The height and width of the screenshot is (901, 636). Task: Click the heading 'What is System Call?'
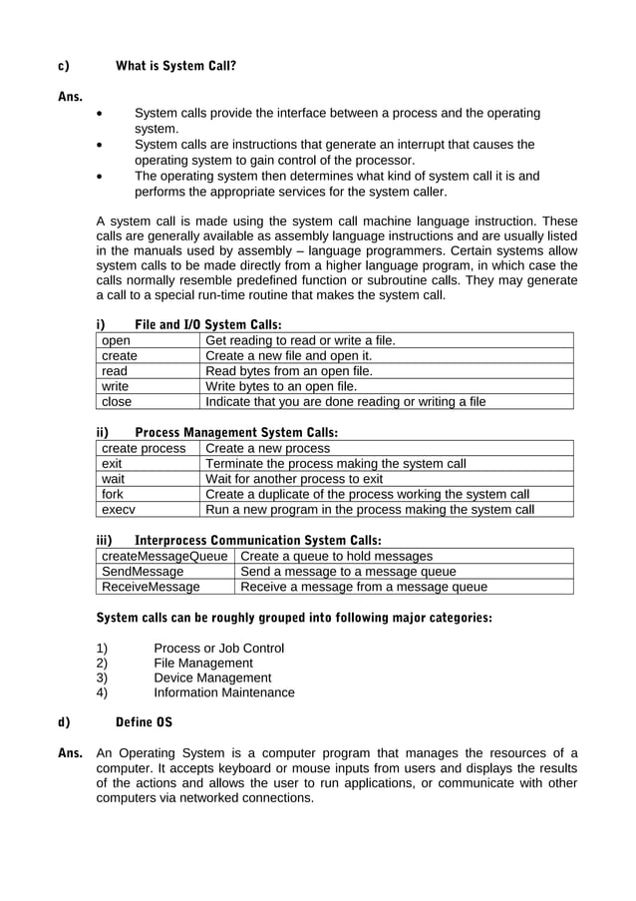point(175,67)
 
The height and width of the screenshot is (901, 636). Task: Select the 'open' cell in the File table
point(117,340)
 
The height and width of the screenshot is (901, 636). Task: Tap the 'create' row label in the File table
point(120,355)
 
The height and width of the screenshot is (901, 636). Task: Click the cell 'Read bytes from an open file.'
point(288,371)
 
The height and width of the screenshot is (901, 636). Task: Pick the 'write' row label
point(116,386)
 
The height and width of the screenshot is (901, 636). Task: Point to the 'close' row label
point(117,402)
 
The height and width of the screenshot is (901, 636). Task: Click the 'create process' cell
point(144,448)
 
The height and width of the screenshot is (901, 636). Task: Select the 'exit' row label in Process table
point(112,464)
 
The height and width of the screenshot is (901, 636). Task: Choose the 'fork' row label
point(113,494)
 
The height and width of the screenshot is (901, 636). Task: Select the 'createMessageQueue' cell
point(164,556)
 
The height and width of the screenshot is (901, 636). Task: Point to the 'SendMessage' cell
point(144,572)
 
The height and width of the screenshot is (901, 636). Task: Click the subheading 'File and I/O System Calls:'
point(207,324)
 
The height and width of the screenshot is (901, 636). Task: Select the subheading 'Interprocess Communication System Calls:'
point(257,540)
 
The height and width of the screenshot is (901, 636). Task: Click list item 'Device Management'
point(212,677)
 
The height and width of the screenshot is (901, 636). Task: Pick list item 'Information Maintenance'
point(224,692)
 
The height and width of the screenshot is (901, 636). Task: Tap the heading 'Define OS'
point(144,722)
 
